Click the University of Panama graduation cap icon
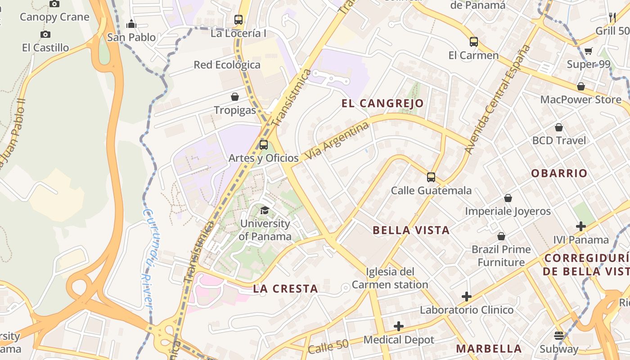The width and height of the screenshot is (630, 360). pyautogui.click(x=265, y=210)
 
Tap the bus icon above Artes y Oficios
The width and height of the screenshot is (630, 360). pyautogui.click(x=264, y=145)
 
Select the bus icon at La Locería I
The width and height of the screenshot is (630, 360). pyautogui.click(x=238, y=20)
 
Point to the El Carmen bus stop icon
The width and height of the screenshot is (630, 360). pyautogui.click(x=473, y=42)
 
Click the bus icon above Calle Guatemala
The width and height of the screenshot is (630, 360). pyautogui.click(x=431, y=177)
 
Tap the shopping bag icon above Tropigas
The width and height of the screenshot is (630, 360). pyautogui.click(x=234, y=97)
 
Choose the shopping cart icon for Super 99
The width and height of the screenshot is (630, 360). pyautogui.click(x=588, y=51)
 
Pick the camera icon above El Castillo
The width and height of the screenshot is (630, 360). pyautogui.click(x=45, y=34)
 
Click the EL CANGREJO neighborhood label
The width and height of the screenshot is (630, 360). pyautogui.click(x=382, y=103)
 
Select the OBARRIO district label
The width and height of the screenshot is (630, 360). pyautogui.click(x=559, y=173)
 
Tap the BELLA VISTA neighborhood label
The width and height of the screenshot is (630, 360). pyautogui.click(x=411, y=230)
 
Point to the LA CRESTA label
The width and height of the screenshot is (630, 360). pyautogui.click(x=285, y=289)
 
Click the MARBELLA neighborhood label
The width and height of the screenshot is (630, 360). pyautogui.click(x=489, y=349)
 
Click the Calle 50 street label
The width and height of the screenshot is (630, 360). pyautogui.click(x=328, y=346)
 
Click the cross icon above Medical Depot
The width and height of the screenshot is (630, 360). pyautogui.click(x=399, y=326)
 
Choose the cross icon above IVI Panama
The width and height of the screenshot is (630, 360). pyautogui.click(x=581, y=226)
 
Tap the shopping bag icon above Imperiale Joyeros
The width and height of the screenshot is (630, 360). pyautogui.click(x=508, y=198)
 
